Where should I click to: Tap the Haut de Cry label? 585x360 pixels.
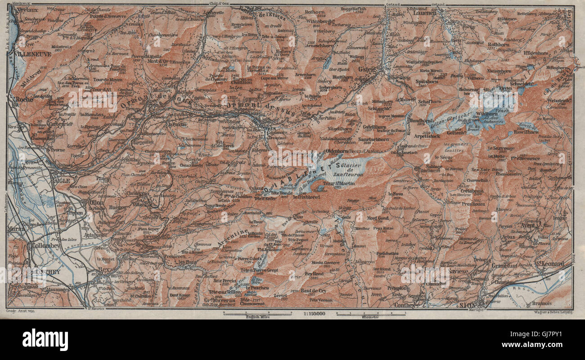click(x=311, y=291)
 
